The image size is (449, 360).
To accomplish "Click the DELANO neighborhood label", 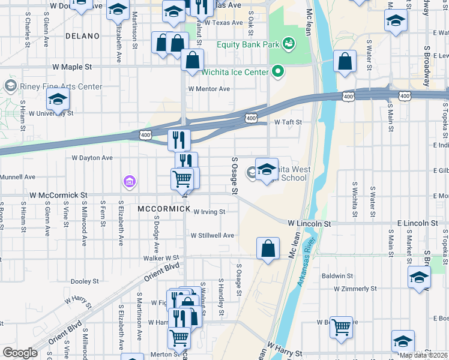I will pos(82,36).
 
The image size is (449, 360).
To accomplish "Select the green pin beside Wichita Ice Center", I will pos(277,73).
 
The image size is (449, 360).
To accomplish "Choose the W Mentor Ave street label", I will pos(209,89).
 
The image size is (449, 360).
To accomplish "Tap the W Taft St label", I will pos(288,122).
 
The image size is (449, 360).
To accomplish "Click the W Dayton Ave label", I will pos(92,158).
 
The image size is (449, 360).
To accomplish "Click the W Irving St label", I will pos(209,211).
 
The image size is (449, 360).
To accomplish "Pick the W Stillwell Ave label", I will pos(212,235).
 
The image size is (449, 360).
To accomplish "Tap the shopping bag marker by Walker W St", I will pos(268,249).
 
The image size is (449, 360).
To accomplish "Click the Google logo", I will pos(20,353).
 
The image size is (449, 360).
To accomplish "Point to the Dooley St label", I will pos(85,281).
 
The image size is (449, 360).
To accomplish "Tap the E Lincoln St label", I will pos(417,223).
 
